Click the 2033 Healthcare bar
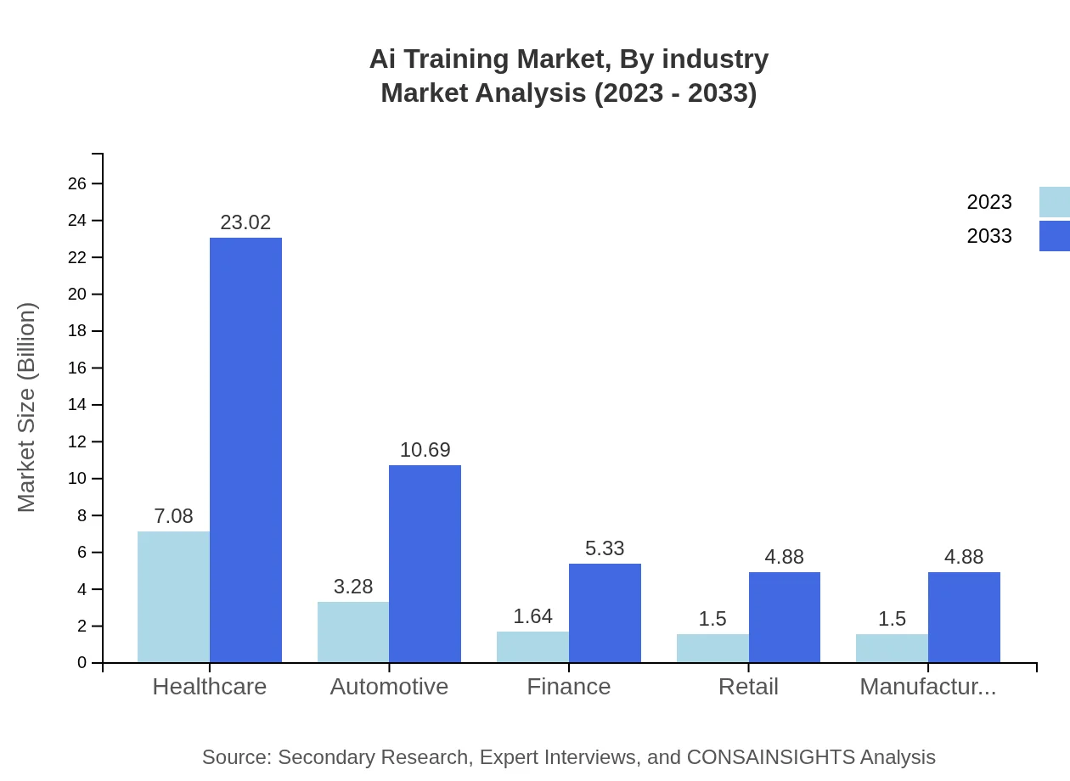pyautogui.click(x=245, y=450)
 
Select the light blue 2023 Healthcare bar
pyautogui.click(x=173, y=597)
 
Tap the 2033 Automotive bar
pyautogui.click(x=425, y=564)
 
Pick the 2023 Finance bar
pyautogui.click(x=532, y=646)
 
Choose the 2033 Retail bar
pyautogui.click(x=785, y=617)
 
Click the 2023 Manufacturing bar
pyautogui.click(x=892, y=648)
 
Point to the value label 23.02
pyautogui.click(x=245, y=222)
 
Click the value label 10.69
pyautogui.click(x=425, y=450)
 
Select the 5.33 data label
pyautogui.click(x=605, y=548)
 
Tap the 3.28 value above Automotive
pyautogui.click(x=353, y=587)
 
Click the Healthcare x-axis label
pyautogui.click(x=209, y=687)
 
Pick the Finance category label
pyautogui.click(x=568, y=687)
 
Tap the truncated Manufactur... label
pyautogui.click(x=927, y=687)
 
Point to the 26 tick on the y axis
pyautogui.click(x=77, y=184)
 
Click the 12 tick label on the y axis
pyautogui.click(x=77, y=442)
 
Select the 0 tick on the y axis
pyautogui.click(x=82, y=663)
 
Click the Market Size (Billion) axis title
pyautogui.click(x=27, y=407)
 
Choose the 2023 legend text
pyautogui.click(x=989, y=202)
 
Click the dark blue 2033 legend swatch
pyautogui.click(x=1054, y=236)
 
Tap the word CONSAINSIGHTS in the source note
pyautogui.click(x=770, y=757)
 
